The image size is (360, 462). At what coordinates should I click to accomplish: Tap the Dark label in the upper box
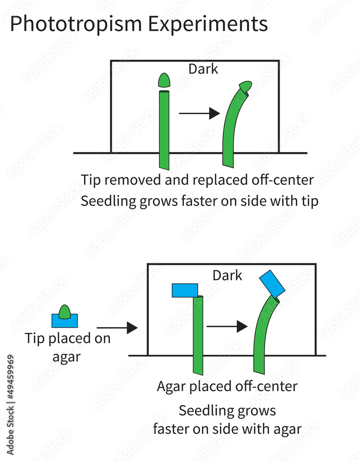[x=203, y=69]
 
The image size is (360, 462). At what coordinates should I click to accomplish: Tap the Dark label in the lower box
[x=227, y=275]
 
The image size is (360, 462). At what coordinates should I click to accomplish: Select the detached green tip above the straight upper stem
[x=164, y=80]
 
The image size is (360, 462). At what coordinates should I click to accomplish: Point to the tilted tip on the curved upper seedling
[x=245, y=86]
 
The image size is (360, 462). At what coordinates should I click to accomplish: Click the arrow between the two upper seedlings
[x=199, y=113]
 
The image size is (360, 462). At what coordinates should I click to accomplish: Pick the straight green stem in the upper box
[x=164, y=129]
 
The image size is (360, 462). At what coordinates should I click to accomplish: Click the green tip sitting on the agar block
[x=65, y=311]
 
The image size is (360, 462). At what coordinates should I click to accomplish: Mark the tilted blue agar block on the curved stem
[x=272, y=283]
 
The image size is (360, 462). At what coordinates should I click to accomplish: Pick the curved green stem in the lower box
[x=263, y=337]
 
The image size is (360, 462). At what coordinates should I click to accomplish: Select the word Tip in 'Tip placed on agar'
[x=35, y=339]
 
